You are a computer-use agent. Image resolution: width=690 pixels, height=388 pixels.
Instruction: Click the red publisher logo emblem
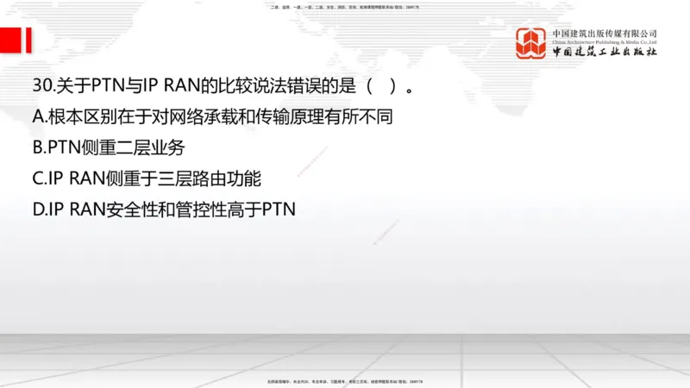(x=531, y=43)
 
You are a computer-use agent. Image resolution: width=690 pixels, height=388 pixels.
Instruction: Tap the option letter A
(x=39, y=116)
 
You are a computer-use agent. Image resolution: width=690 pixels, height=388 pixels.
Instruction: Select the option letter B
(x=38, y=147)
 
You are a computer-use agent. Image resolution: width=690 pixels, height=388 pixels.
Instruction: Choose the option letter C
(x=39, y=178)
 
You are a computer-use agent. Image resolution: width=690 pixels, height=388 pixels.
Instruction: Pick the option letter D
(x=39, y=209)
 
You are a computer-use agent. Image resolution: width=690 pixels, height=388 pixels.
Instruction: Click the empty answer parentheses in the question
(x=380, y=86)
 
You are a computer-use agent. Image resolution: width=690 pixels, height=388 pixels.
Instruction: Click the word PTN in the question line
(x=110, y=86)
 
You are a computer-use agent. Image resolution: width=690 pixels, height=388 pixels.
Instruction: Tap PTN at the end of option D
(x=278, y=209)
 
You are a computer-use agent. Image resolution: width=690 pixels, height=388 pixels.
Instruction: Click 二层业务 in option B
(x=152, y=147)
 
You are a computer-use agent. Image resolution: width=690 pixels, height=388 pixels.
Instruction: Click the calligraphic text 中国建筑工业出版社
(x=604, y=52)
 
